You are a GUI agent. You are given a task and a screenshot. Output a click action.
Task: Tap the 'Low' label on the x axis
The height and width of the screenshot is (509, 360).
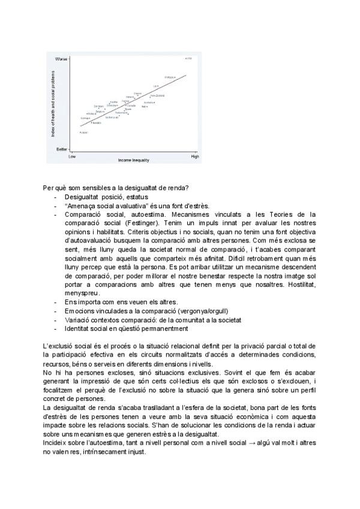(x=72, y=157)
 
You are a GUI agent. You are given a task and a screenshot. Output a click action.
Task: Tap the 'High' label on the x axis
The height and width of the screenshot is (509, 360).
(x=194, y=157)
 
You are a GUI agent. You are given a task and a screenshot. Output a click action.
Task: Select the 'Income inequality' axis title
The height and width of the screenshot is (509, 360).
(x=133, y=161)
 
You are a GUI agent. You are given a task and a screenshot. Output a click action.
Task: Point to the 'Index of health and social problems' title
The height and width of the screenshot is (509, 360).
(x=53, y=103)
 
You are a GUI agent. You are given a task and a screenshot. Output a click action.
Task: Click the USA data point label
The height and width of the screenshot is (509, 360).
(x=188, y=58)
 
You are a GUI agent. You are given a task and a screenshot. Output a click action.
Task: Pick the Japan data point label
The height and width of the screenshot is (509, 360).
(x=84, y=132)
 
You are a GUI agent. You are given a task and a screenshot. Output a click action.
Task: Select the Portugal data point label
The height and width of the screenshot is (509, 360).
(x=170, y=77)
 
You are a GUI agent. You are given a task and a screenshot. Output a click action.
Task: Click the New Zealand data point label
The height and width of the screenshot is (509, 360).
(x=157, y=95)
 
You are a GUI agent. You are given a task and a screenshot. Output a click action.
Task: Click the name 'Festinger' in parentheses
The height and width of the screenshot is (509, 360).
(x=130, y=223)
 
